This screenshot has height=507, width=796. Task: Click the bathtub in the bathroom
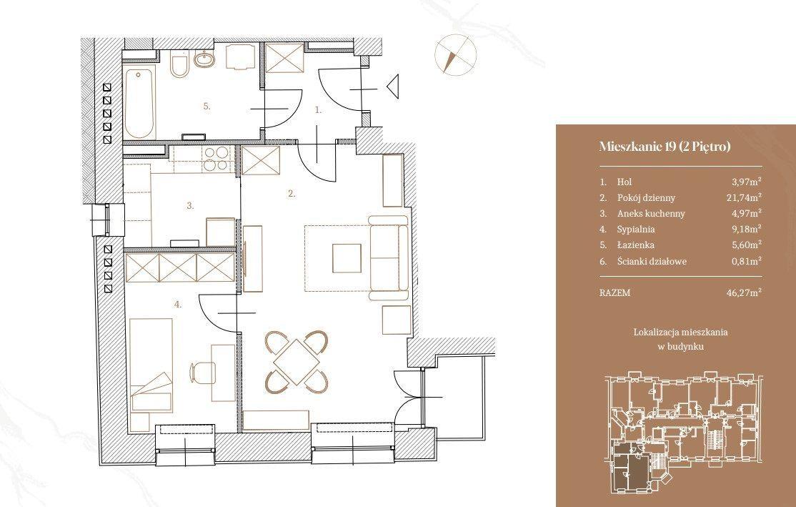139,104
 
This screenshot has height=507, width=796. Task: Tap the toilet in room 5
179,64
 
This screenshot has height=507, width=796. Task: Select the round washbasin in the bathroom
204,59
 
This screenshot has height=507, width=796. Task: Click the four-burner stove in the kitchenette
215,158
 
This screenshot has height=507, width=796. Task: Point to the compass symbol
455,54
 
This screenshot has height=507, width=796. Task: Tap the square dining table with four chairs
297,362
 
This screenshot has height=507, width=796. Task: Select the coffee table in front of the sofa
347,257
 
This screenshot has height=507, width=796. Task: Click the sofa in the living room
389,257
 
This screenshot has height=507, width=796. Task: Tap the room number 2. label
292,194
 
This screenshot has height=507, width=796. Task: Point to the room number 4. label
178,305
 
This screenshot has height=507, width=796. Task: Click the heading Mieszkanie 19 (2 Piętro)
665,147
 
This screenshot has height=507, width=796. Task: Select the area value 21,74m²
745,197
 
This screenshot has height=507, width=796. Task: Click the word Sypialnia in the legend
636,229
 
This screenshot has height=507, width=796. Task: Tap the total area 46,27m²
745,292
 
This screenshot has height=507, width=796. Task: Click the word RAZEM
615,292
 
